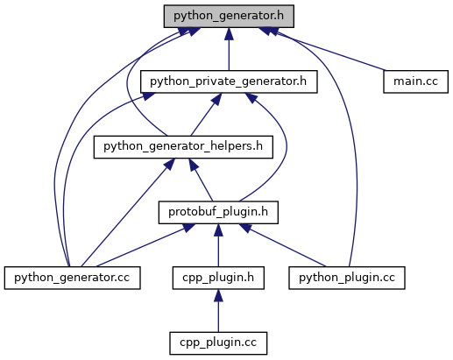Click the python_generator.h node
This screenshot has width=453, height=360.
point(229,17)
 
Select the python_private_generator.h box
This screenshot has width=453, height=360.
point(229,81)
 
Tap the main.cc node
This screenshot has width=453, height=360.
point(415,81)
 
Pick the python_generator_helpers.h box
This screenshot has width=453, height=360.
point(183,147)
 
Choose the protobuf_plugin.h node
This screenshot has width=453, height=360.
point(218,213)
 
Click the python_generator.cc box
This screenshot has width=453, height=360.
point(72,278)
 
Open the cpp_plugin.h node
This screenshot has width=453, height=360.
point(218,278)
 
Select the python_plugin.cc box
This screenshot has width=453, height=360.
point(347,278)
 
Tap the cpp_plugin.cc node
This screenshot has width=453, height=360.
point(218,343)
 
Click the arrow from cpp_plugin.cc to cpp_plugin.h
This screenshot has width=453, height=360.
point(218,311)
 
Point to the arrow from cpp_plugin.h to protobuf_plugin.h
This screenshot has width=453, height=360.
point(218,245)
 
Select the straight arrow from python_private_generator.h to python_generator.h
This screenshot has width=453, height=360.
point(229,49)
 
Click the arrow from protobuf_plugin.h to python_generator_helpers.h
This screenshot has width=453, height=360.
point(201,180)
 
